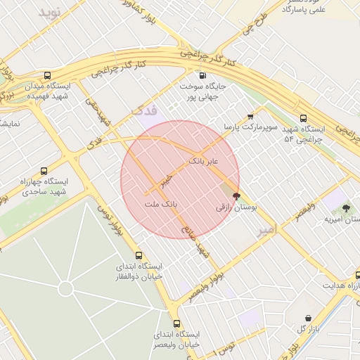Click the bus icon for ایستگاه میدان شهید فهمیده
47,76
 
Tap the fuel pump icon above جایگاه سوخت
203,75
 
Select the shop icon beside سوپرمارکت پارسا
250,117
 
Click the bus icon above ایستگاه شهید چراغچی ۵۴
303,118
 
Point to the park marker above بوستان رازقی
236,196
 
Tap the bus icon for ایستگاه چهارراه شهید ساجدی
44,171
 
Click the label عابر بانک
204,162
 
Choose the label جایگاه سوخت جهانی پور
198,91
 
